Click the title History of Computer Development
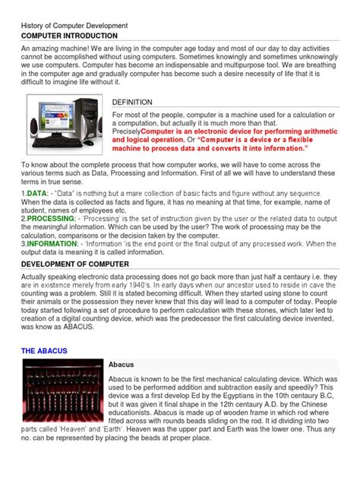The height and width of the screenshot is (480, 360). coord(74,25)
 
